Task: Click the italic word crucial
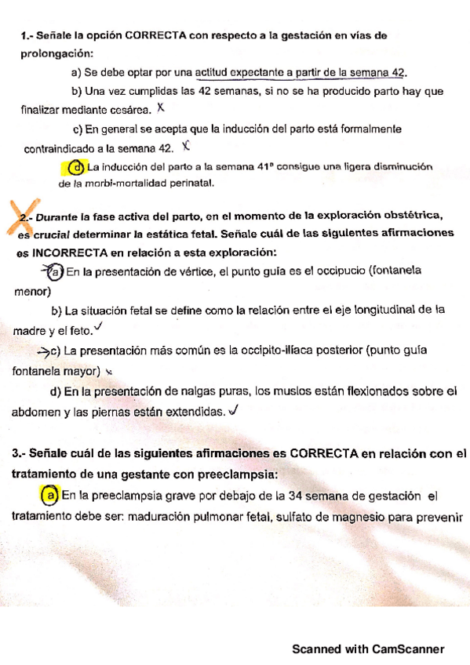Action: click(x=53, y=234)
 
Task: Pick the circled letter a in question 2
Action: click(x=53, y=272)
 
